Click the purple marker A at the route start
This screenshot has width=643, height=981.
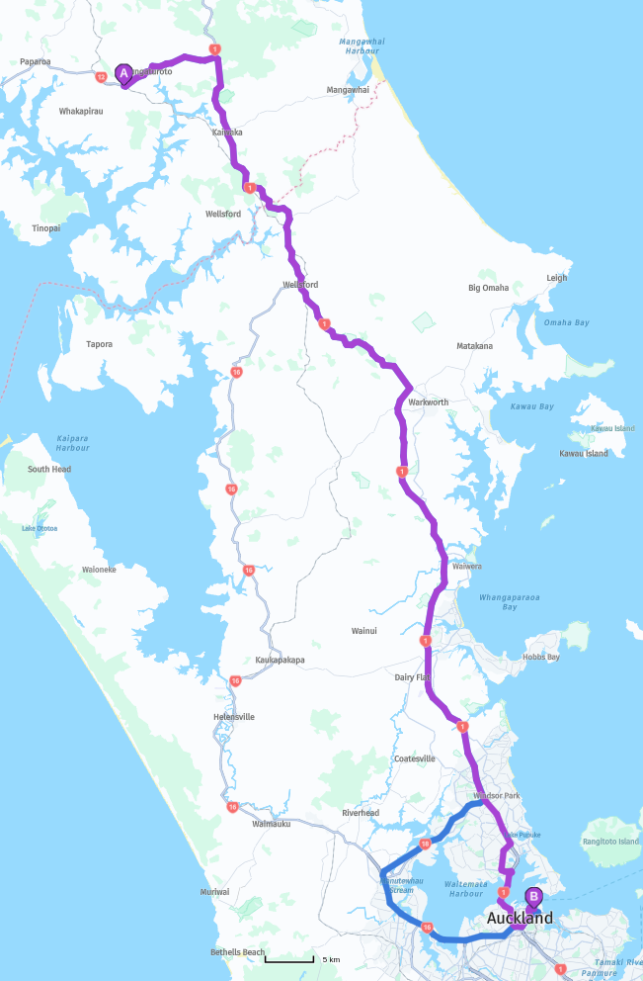[x=123, y=74]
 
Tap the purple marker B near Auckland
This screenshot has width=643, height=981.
[x=533, y=898]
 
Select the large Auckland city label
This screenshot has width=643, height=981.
[x=520, y=919]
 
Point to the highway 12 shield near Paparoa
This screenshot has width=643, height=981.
[x=101, y=76]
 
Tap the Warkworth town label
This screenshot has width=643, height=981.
[x=428, y=402]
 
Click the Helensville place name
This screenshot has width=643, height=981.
[x=233, y=716]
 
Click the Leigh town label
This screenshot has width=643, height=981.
[x=557, y=278]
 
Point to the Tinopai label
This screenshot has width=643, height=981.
[x=45, y=227]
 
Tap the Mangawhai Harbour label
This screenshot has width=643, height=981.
[x=359, y=46]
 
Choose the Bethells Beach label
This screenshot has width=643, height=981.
[x=237, y=952]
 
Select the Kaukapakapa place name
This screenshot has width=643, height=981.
[x=280, y=660]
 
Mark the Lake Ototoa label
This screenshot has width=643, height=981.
[x=40, y=528]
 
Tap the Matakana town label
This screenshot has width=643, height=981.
[x=474, y=346]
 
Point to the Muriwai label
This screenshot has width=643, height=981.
[x=214, y=891]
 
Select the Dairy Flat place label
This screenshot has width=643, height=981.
[x=414, y=677]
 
